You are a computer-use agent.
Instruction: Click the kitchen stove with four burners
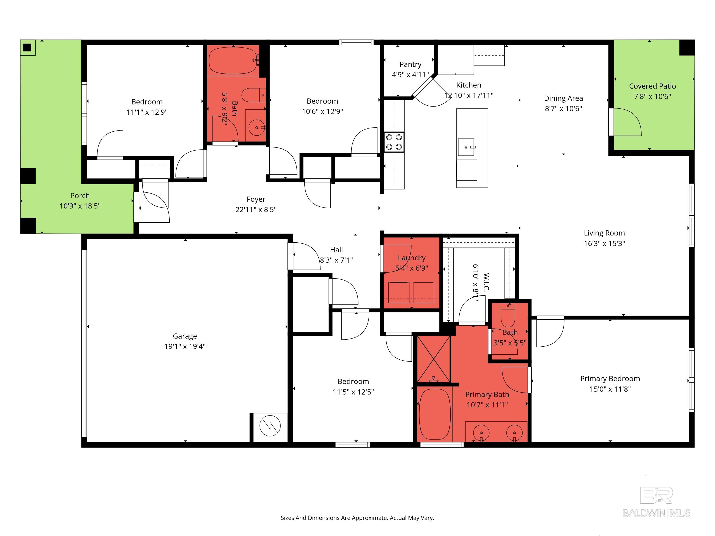(394, 142)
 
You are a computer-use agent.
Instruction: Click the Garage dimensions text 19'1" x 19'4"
(185, 346)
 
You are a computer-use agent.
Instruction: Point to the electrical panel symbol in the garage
(270, 426)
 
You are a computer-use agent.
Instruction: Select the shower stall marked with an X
(433, 359)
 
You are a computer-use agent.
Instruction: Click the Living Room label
(604, 233)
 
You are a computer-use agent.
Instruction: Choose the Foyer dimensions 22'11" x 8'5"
(256, 210)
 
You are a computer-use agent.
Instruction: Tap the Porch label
(80, 195)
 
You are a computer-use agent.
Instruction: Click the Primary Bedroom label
(610, 379)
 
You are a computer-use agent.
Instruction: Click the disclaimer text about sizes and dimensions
(357, 518)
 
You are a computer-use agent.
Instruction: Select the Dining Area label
(563, 98)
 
